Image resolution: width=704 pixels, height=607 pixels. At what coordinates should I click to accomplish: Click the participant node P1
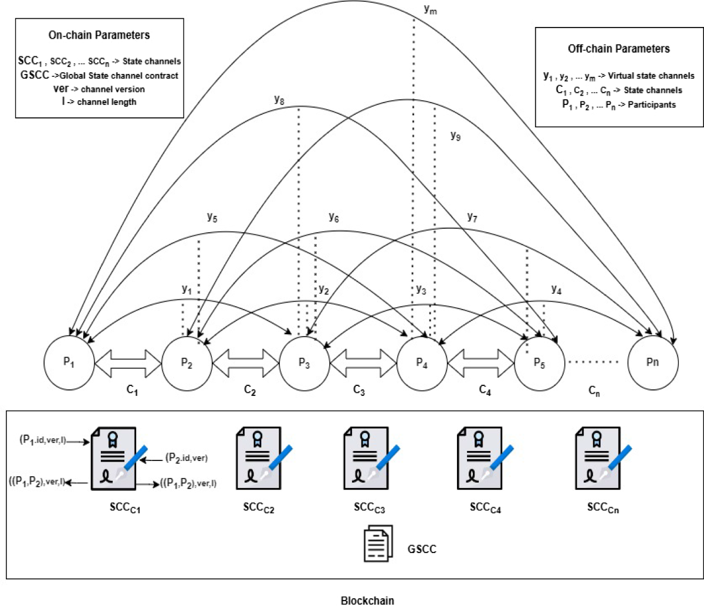point(69,362)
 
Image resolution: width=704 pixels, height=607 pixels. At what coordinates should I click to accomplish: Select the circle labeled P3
point(304,362)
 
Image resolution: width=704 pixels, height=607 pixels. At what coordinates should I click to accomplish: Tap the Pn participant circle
point(652,362)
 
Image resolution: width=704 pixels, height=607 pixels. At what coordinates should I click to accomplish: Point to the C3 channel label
point(359,390)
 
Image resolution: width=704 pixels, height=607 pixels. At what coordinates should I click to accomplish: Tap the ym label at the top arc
point(430,9)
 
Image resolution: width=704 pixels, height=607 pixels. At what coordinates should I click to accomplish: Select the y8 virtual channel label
point(280,99)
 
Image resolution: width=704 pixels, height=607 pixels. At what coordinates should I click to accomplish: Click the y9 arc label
point(455,135)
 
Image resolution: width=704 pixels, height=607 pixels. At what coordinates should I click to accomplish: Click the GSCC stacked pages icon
point(376,545)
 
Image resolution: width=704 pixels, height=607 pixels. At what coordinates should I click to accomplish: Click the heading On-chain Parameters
point(99,35)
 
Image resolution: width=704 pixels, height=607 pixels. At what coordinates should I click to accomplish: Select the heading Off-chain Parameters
point(618,49)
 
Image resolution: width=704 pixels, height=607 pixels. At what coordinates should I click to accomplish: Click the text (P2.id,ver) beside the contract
point(187,457)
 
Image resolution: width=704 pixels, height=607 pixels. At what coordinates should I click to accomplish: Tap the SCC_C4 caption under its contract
point(485,507)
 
